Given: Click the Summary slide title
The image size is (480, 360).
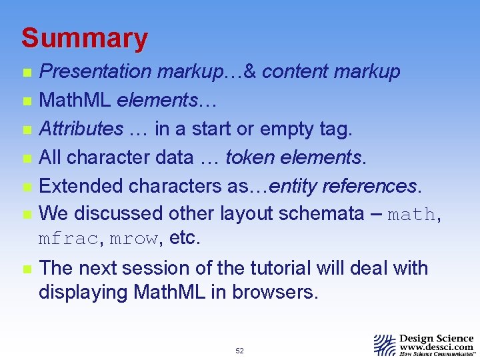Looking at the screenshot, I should point(84,39).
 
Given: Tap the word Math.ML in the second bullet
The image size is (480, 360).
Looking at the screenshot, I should point(75,100).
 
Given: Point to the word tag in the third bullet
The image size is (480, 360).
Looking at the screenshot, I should point(335,129).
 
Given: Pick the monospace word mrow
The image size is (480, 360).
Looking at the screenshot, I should point(134,239).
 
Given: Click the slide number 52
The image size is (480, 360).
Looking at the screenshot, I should point(239,351).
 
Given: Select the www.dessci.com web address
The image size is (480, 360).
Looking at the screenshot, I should point(436,347).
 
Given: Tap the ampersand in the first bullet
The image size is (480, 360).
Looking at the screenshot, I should point(251,71).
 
